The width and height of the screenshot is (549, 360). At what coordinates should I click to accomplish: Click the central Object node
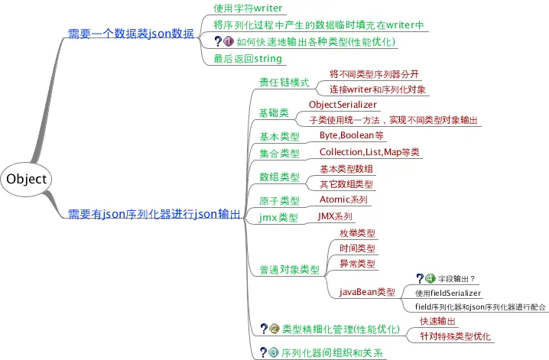[x=28, y=179]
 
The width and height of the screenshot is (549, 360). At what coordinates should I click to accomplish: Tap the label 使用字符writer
[x=248, y=8]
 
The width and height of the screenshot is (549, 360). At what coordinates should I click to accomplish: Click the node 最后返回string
[x=248, y=58]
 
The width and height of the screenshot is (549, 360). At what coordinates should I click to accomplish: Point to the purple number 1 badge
[x=229, y=42]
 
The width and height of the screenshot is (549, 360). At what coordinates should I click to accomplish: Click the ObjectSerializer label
[x=343, y=104]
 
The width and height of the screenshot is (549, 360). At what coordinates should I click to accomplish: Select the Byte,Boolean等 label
[x=351, y=135]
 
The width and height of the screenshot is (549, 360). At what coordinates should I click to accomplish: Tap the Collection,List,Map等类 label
[x=369, y=152]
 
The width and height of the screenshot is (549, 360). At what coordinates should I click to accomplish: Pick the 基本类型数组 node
[x=346, y=168]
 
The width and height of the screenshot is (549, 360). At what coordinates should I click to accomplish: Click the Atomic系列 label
[x=343, y=199]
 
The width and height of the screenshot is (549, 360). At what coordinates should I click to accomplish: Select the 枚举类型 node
[x=357, y=232]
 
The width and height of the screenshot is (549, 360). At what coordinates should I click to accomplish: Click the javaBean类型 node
[x=367, y=292]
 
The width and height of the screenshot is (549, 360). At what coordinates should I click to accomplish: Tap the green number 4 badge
[x=430, y=278]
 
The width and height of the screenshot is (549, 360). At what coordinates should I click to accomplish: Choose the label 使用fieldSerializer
[x=449, y=292]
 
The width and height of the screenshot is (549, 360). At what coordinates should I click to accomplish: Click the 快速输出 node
[x=438, y=321]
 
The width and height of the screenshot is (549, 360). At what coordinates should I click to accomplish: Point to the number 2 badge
[x=274, y=329]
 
